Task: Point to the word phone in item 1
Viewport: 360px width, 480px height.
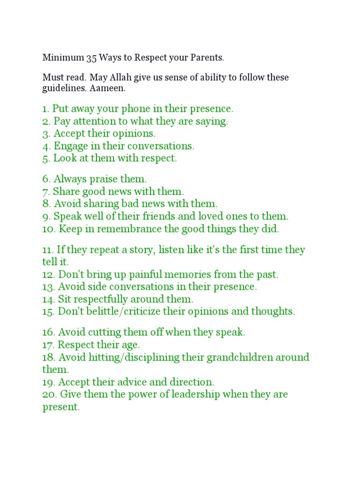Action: point(137,109)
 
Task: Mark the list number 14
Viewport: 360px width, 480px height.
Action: point(48,299)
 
